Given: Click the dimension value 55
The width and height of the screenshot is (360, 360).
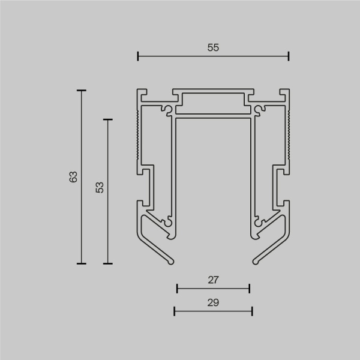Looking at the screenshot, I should click(213, 48).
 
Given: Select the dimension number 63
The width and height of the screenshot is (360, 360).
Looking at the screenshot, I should click(73, 177).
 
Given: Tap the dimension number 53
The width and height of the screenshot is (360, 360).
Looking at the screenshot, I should click(100, 187).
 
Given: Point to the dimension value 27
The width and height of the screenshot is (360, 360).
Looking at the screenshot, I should click(213, 280).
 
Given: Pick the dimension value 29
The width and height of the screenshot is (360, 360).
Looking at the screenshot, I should click(213, 302).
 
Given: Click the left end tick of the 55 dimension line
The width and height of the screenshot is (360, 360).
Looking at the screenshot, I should click(138, 56).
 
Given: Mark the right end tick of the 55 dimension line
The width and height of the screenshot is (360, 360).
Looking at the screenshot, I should click(289, 56).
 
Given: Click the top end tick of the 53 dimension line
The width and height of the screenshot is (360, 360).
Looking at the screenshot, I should click(108, 120).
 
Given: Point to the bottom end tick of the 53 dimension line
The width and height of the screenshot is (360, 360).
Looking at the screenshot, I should click(108, 263).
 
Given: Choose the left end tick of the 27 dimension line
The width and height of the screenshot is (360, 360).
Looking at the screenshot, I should click(177, 289).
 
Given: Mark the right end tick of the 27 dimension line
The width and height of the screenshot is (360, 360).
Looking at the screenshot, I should click(249, 289).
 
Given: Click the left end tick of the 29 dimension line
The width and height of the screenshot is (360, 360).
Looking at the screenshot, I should click(174, 311).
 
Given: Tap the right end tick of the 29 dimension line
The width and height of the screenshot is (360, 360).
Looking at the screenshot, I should click(252, 311).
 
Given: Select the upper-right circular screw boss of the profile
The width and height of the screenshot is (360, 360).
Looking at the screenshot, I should click(259, 109).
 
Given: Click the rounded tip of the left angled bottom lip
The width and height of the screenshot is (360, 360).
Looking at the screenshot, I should click(173, 260).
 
